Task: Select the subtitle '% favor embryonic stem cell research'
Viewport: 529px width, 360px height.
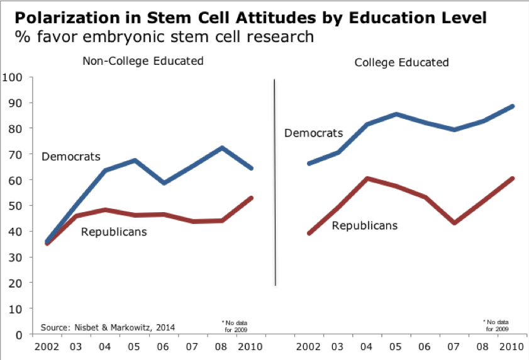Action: (x=165, y=37)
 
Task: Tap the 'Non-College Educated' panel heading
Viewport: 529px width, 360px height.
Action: (x=143, y=61)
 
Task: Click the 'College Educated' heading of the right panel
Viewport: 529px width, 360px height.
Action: (x=401, y=62)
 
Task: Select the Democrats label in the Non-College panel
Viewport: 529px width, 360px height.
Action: (x=71, y=156)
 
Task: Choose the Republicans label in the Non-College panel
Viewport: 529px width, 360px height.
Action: (x=114, y=232)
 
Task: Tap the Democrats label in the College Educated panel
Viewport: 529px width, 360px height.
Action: (x=313, y=133)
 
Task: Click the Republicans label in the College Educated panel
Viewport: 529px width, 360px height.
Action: (x=365, y=225)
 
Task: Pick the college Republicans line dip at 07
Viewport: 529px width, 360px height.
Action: (x=454, y=223)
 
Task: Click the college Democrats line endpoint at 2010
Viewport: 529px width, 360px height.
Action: (x=513, y=106)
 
